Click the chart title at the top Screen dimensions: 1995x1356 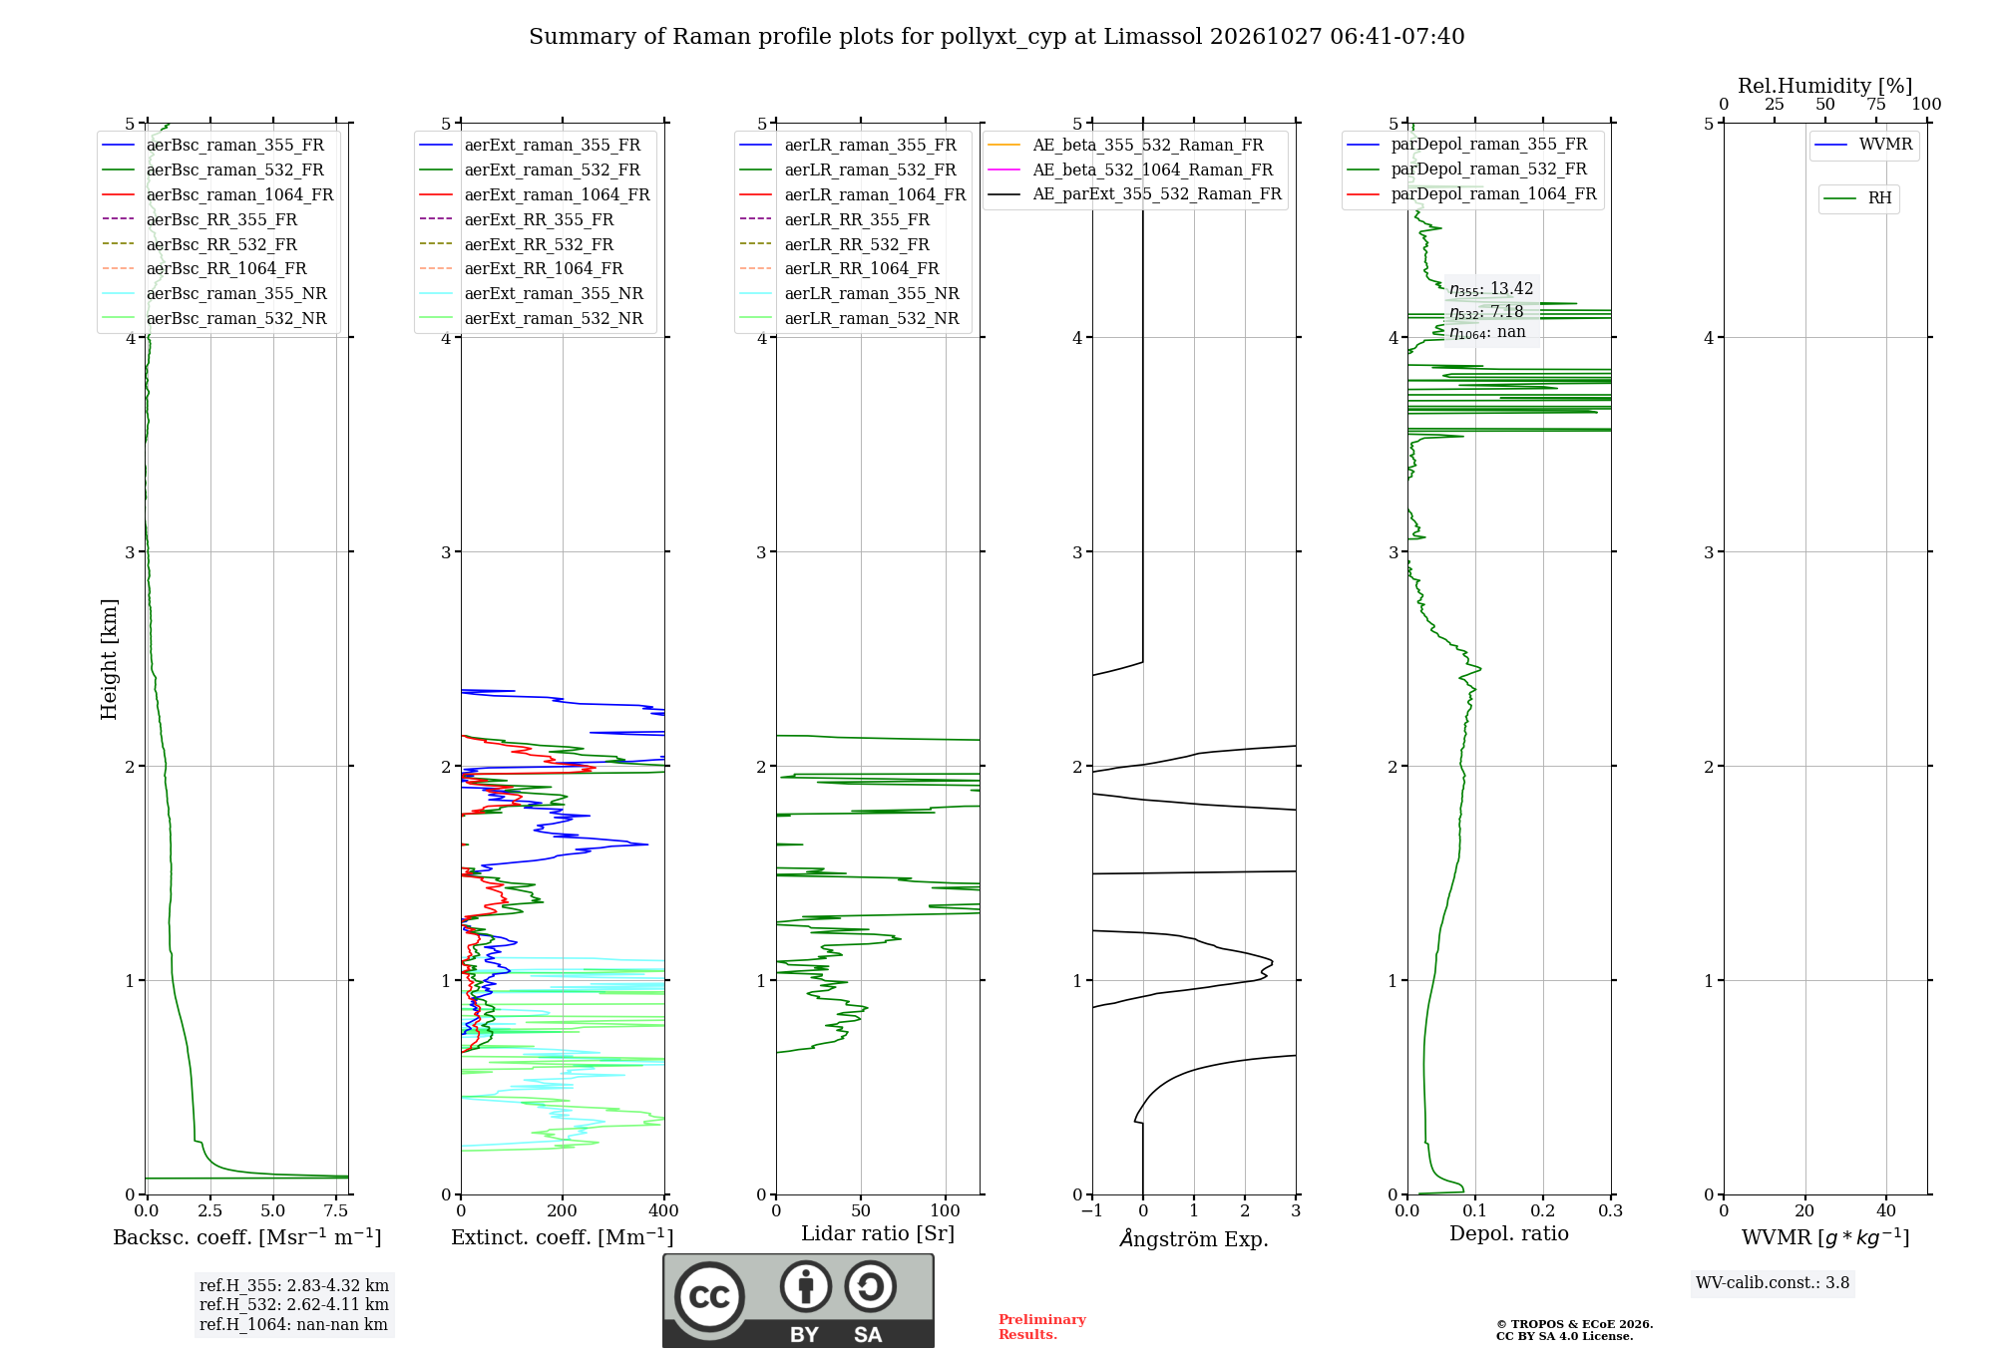997,37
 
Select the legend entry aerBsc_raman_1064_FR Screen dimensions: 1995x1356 218,194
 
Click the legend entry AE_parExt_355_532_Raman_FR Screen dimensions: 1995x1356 1135,193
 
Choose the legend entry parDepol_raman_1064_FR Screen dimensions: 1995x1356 1472,193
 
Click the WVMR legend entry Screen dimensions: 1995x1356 1864,145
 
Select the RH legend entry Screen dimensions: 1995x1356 1858,198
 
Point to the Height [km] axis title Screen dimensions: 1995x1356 109,659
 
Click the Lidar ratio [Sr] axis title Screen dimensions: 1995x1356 878,1233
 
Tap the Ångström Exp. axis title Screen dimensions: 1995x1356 1194,1238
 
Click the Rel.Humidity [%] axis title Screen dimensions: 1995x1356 1825,86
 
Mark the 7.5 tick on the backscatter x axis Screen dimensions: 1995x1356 336,1210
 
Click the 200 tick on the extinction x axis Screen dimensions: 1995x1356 563,1210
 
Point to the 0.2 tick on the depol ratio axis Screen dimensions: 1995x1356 1543,1210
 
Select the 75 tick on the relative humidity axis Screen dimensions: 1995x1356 1876,105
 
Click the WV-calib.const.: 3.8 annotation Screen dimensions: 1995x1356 1773,1283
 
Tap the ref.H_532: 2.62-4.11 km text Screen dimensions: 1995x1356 294,1304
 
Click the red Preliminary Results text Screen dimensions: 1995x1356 1042,1327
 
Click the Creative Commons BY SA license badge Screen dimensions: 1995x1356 799,1301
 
